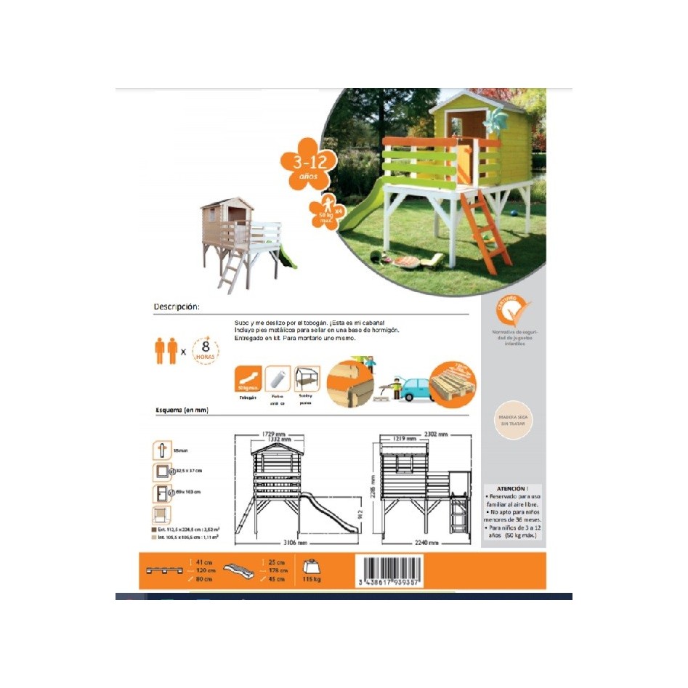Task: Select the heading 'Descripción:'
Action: pyautogui.click(x=177, y=307)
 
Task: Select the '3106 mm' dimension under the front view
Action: pyautogui.click(x=296, y=543)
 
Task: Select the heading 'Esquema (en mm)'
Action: pyautogui.click(x=182, y=410)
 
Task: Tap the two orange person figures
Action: pyautogui.click(x=166, y=350)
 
